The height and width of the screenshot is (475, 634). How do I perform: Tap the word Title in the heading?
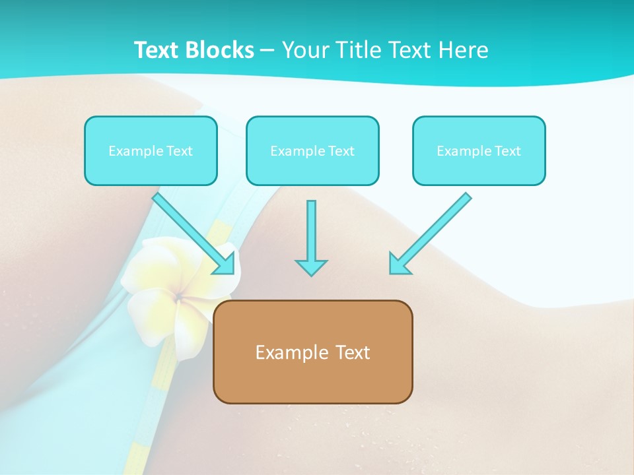coord(357,50)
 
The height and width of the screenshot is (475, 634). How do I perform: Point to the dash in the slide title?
coord(268,51)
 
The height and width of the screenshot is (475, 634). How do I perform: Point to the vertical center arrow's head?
coord(311,267)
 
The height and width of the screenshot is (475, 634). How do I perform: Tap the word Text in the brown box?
coord(353,352)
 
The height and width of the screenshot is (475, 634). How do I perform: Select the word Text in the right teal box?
coord(508,151)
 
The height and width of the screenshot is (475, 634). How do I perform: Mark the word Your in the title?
coord(306,50)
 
